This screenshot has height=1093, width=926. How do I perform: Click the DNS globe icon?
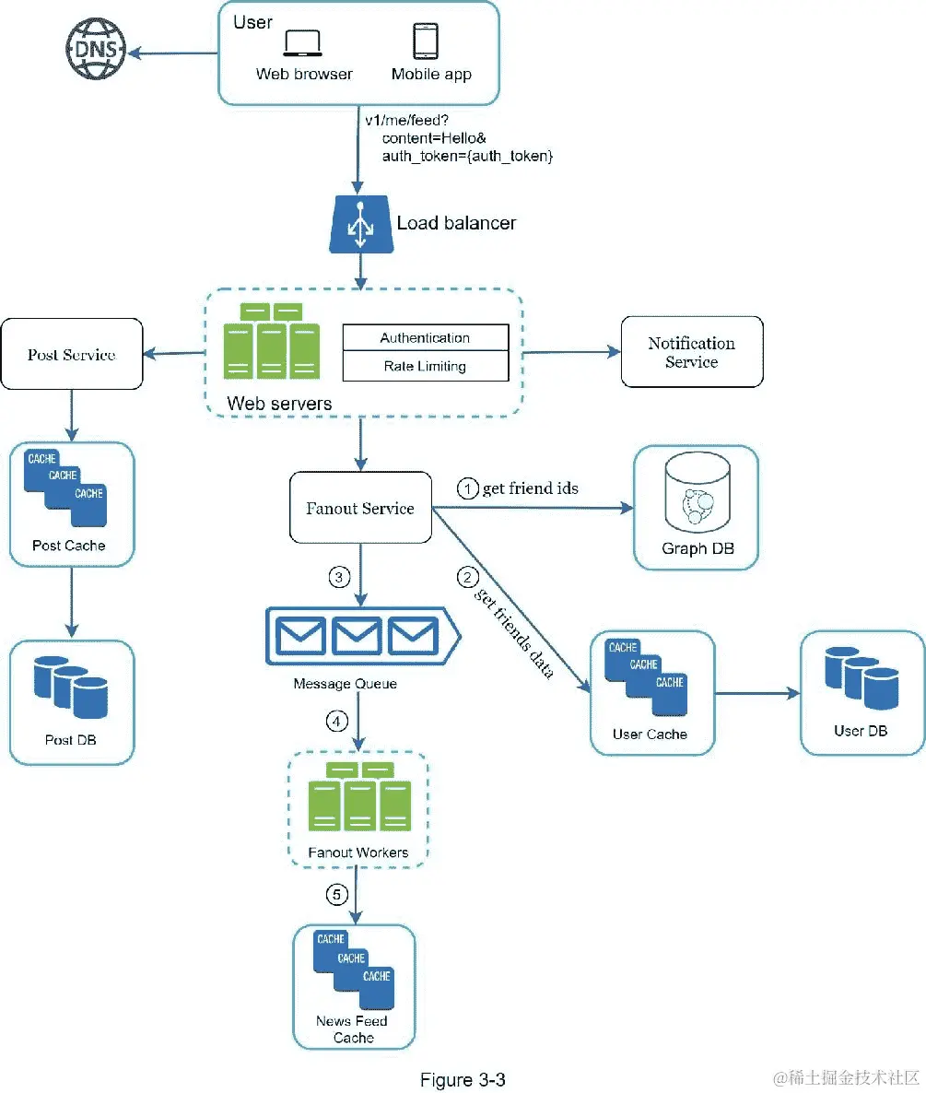(x=96, y=49)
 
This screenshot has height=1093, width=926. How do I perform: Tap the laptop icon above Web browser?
(x=302, y=42)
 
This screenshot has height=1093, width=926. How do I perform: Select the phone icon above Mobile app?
(x=426, y=41)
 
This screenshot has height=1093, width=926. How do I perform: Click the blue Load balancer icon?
(x=361, y=224)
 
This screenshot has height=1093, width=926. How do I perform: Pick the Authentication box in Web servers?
(x=426, y=338)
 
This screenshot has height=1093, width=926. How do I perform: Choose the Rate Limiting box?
(x=426, y=366)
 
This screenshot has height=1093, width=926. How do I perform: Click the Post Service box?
(x=72, y=354)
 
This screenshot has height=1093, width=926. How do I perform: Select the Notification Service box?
(x=692, y=352)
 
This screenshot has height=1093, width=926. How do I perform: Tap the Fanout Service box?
(x=360, y=508)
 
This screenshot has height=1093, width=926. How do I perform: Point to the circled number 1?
(x=467, y=488)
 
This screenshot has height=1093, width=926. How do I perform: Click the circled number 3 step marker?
(x=339, y=577)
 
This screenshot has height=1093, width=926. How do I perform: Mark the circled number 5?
(x=337, y=894)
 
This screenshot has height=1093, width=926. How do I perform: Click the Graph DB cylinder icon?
(x=697, y=492)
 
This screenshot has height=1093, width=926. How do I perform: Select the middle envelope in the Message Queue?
(x=356, y=635)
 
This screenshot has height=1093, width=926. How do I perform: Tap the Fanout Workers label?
(x=358, y=852)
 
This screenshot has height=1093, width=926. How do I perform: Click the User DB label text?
(x=861, y=731)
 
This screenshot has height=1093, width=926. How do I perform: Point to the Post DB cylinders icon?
(x=71, y=687)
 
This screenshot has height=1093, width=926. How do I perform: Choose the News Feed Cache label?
(x=353, y=1028)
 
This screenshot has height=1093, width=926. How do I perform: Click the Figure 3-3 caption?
(x=463, y=1080)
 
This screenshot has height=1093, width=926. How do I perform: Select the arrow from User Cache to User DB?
(x=757, y=694)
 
